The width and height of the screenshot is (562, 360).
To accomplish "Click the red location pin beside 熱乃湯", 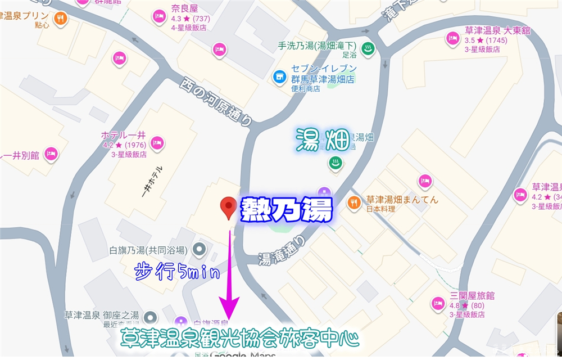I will click(228, 206).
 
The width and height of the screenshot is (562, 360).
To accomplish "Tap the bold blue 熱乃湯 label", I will click(287, 210).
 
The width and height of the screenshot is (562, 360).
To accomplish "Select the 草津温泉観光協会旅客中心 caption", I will click(239, 339).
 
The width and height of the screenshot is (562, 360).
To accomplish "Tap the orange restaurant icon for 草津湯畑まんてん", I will click(353, 202).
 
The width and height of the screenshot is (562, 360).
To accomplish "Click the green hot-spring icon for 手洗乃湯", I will click(368, 47).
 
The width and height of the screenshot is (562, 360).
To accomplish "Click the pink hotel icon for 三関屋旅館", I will click(437, 304).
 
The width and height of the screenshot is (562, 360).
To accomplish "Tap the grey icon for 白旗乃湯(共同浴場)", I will click(198, 249).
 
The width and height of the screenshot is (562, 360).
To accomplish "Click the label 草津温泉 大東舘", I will click(497, 31).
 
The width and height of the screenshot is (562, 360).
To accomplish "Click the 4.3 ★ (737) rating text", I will click(191, 19).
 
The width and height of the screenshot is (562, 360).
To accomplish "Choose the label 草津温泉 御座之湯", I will click(101, 315).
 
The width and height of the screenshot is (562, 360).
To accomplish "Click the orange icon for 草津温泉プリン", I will click(61, 18).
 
